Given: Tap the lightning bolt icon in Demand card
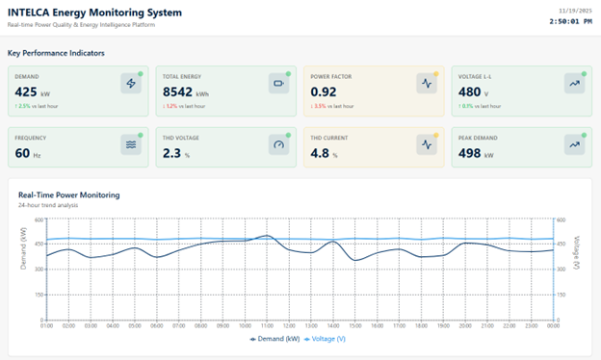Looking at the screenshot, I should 132,84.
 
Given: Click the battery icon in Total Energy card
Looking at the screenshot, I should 279,84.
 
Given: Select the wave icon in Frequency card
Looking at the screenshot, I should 132,144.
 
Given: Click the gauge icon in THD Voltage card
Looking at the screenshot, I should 279,144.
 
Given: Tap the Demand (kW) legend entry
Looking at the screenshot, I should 275,339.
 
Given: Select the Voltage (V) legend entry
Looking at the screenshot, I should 328,339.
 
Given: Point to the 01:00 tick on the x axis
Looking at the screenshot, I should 45,325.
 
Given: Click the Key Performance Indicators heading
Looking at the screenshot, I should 56,53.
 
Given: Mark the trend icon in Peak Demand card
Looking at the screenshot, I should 573,144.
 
